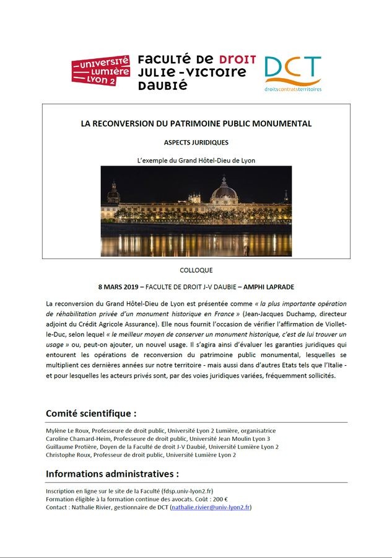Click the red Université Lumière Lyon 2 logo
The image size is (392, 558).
(100, 71)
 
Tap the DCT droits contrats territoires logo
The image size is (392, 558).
(293, 74)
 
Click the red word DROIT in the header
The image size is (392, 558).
(237, 60)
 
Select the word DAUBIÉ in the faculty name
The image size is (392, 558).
(162, 86)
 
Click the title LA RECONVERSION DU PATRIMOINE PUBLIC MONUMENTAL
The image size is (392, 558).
(196, 124)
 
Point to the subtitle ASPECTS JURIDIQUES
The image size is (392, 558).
(196, 142)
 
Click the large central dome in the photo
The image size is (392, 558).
(224, 190)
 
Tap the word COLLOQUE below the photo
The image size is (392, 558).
(196, 270)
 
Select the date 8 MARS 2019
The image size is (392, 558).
(119, 287)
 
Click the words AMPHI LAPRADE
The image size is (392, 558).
(268, 287)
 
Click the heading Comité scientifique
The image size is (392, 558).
(91, 414)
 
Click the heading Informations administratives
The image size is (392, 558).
(112, 474)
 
